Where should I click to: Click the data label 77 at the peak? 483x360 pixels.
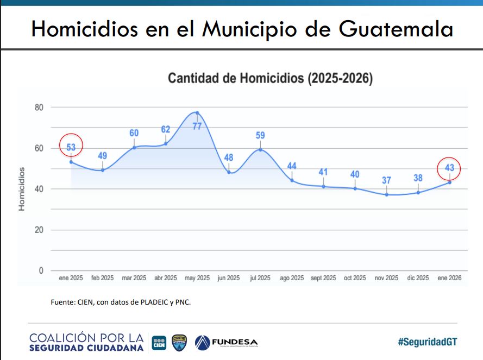coord(197,126)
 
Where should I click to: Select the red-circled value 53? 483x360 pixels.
coord(71,147)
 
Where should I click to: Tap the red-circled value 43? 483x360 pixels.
coord(449,168)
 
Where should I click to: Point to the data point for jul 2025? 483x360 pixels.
coord(260,149)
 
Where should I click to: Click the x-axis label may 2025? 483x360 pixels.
coord(197,279)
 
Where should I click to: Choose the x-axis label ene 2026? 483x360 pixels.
coord(449,279)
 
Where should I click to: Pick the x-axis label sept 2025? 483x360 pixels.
coord(323,279)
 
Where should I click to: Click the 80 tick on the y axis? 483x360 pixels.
coord(39,107)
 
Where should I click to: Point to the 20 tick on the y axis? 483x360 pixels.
coord(39,230)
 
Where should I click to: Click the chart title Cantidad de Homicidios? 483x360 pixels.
coord(270,78)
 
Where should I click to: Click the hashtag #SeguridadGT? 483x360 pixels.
coord(427,342)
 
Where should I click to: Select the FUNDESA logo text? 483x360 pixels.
coord(235,343)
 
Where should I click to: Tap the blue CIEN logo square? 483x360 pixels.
coord(159,343)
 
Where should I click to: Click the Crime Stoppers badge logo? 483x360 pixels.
coord(179,342)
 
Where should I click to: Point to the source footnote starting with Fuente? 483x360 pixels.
coord(121,302)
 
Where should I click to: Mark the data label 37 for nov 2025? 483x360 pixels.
coord(386,181)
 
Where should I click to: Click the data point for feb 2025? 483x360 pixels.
coord(103,170)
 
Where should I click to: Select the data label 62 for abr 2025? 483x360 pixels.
coord(166,130)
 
